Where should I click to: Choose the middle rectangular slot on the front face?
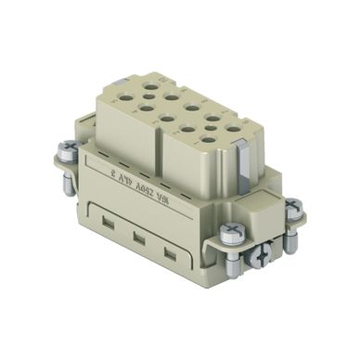[x=135, y=238]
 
